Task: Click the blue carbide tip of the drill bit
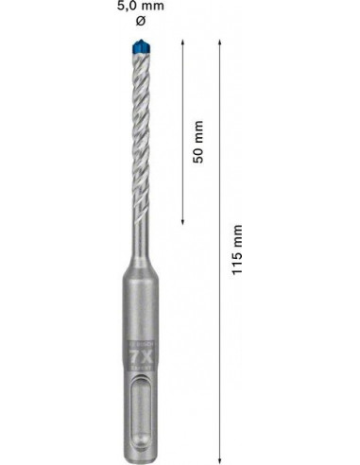tap(142, 46)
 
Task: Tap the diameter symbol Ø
tap(141, 22)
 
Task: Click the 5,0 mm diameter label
tap(141, 6)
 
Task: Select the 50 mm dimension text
tap(198, 142)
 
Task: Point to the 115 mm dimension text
tap(237, 250)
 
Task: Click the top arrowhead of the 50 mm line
tap(182, 43)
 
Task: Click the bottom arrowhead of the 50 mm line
tap(182, 222)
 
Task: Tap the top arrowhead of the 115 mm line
tap(220, 43)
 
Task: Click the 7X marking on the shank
tap(141, 358)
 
